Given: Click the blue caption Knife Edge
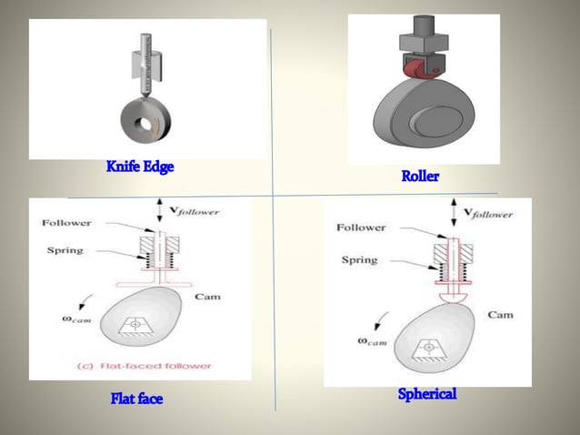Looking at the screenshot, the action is pyautogui.click(x=140, y=167).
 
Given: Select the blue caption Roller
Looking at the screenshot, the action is pyautogui.click(x=420, y=176).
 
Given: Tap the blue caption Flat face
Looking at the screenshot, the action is pyautogui.click(x=136, y=399).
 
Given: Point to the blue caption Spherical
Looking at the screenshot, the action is pyautogui.click(x=427, y=393).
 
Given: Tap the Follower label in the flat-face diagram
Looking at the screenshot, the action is pyautogui.click(x=66, y=223).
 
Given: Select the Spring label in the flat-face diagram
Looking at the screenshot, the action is pyautogui.click(x=65, y=250).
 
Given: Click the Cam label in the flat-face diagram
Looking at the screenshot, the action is pyautogui.click(x=207, y=297).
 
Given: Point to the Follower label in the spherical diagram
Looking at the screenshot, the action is pyautogui.click(x=361, y=228).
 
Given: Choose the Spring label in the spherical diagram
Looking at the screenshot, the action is pyautogui.click(x=359, y=260).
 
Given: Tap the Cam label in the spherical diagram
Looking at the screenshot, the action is pyautogui.click(x=501, y=315).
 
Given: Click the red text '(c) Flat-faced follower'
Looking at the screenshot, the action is pyautogui.click(x=144, y=366).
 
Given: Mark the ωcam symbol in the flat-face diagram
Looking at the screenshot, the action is pyautogui.click(x=76, y=319).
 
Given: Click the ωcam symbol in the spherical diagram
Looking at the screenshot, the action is pyautogui.click(x=372, y=341).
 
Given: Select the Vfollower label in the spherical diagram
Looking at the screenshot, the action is pyautogui.click(x=488, y=214).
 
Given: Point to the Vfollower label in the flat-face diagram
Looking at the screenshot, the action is pyautogui.click(x=195, y=211).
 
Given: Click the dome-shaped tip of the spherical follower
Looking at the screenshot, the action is pyautogui.click(x=454, y=298).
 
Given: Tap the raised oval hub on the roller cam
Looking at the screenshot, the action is pyautogui.click(x=438, y=122).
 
